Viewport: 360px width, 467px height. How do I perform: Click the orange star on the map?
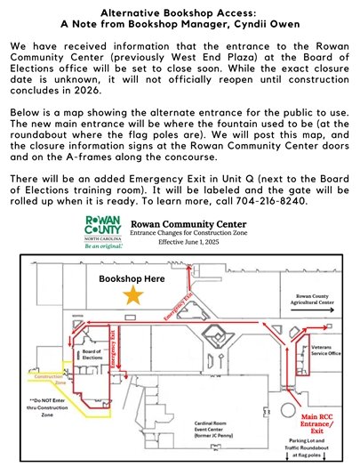click(x=134, y=297)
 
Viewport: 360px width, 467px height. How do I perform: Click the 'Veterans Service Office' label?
click(x=326, y=351)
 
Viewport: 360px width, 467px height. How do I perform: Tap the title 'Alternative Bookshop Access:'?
click(x=179, y=13)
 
